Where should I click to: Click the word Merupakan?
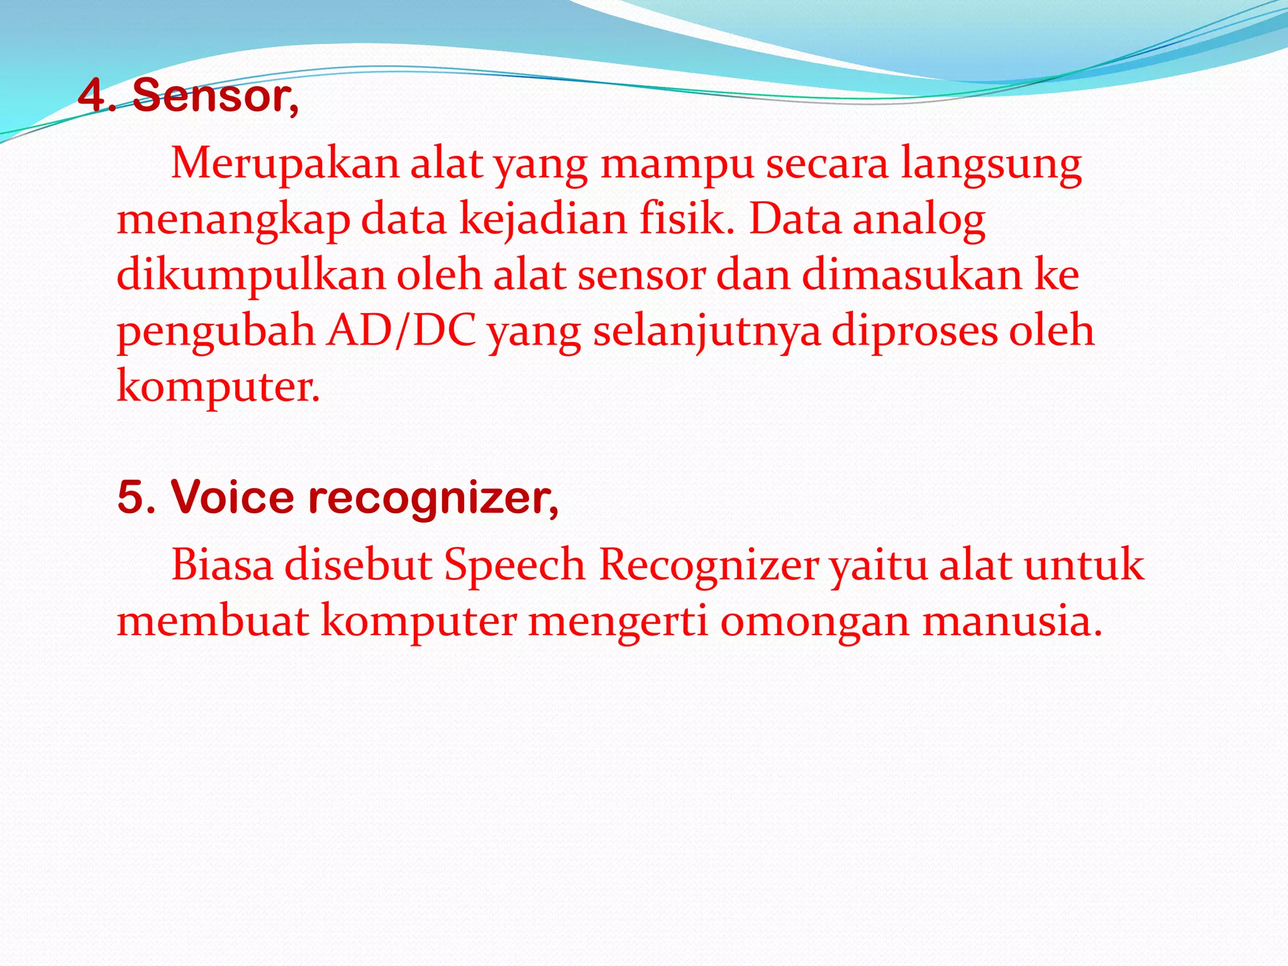pos(285,164)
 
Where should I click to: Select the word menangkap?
pos(233,220)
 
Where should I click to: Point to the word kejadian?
pos(543,220)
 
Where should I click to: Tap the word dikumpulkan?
pos(251,275)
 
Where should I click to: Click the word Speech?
pos(514,565)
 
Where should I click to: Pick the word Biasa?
pos(222,565)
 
